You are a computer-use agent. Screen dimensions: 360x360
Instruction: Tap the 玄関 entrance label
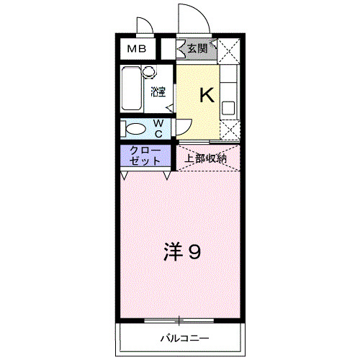click(x=197, y=49)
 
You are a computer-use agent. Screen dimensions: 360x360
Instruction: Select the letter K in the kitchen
click(x=206, y=94)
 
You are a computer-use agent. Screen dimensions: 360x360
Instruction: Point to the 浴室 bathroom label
click(x=158, y=91)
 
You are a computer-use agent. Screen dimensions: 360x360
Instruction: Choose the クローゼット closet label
click(x=145, y=156)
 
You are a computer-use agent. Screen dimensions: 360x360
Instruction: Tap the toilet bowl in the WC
click(x=136, y=129)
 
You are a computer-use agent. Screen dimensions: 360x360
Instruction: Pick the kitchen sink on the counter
click(x=228, y=109)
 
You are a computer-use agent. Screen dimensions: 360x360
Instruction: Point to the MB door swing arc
click(x=144, y=25)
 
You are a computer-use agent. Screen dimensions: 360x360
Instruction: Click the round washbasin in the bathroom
click(x=149, y=71)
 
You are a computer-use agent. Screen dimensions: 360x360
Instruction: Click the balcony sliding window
click(x=180, y=320)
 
